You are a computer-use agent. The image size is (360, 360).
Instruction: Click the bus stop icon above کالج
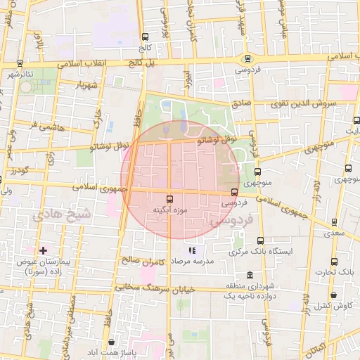(x=145, y=37)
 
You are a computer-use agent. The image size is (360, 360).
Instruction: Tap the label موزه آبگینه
(x=169, y=210)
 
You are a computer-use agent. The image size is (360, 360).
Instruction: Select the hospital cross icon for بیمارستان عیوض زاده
(x=43, y=250)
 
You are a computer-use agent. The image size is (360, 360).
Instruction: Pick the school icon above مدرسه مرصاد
(x=192, y=250)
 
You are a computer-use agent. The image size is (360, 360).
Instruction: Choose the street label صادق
(x=240, y=103)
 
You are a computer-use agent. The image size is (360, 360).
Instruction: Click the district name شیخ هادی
(x=62, y=213)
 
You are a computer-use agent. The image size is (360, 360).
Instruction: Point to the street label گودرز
(x=14, y=171)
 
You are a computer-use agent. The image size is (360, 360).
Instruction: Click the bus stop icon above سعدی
(x=334, y=222)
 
